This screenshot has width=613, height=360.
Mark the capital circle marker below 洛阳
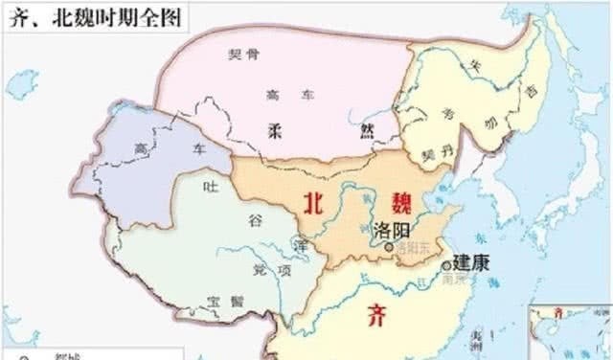click(387, 247)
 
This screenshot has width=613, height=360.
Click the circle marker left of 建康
click(446, 265)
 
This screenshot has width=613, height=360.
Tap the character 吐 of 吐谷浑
click(203, 189)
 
